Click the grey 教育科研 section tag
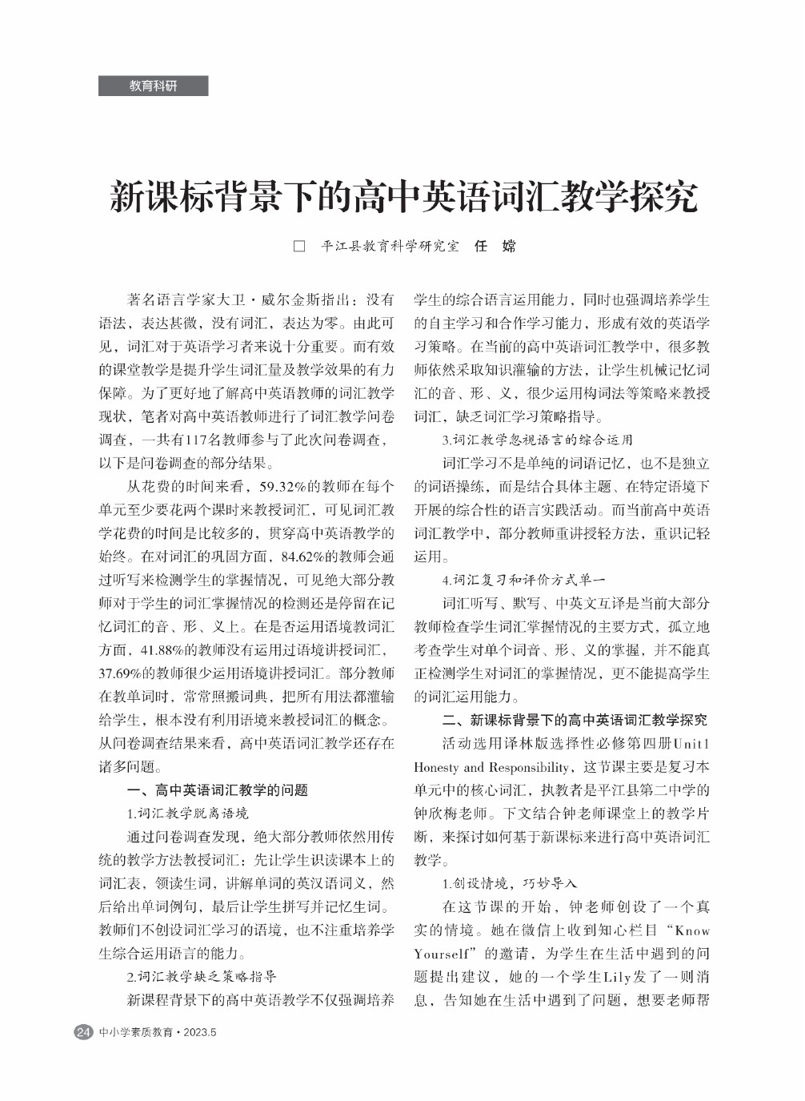[x=153, y=86]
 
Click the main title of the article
[x=402, y=197]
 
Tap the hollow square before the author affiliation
[x=299, y=246]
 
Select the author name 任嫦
[x=495, y=246]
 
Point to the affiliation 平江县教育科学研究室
[x=390, y=246]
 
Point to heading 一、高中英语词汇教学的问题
[x=217, y=790]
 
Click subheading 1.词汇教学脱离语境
[x=187, y=813]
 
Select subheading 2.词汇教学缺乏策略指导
[x=202, y=976]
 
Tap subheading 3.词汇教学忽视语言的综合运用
[x=537, y=440]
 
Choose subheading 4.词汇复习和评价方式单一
[x=524, y=580]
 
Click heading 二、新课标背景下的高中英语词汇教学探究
[x=575, y=719]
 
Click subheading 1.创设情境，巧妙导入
[x=510, y=883]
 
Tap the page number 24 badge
[x=83, y=1032]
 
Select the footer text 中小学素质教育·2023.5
[x=158, y=1032]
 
